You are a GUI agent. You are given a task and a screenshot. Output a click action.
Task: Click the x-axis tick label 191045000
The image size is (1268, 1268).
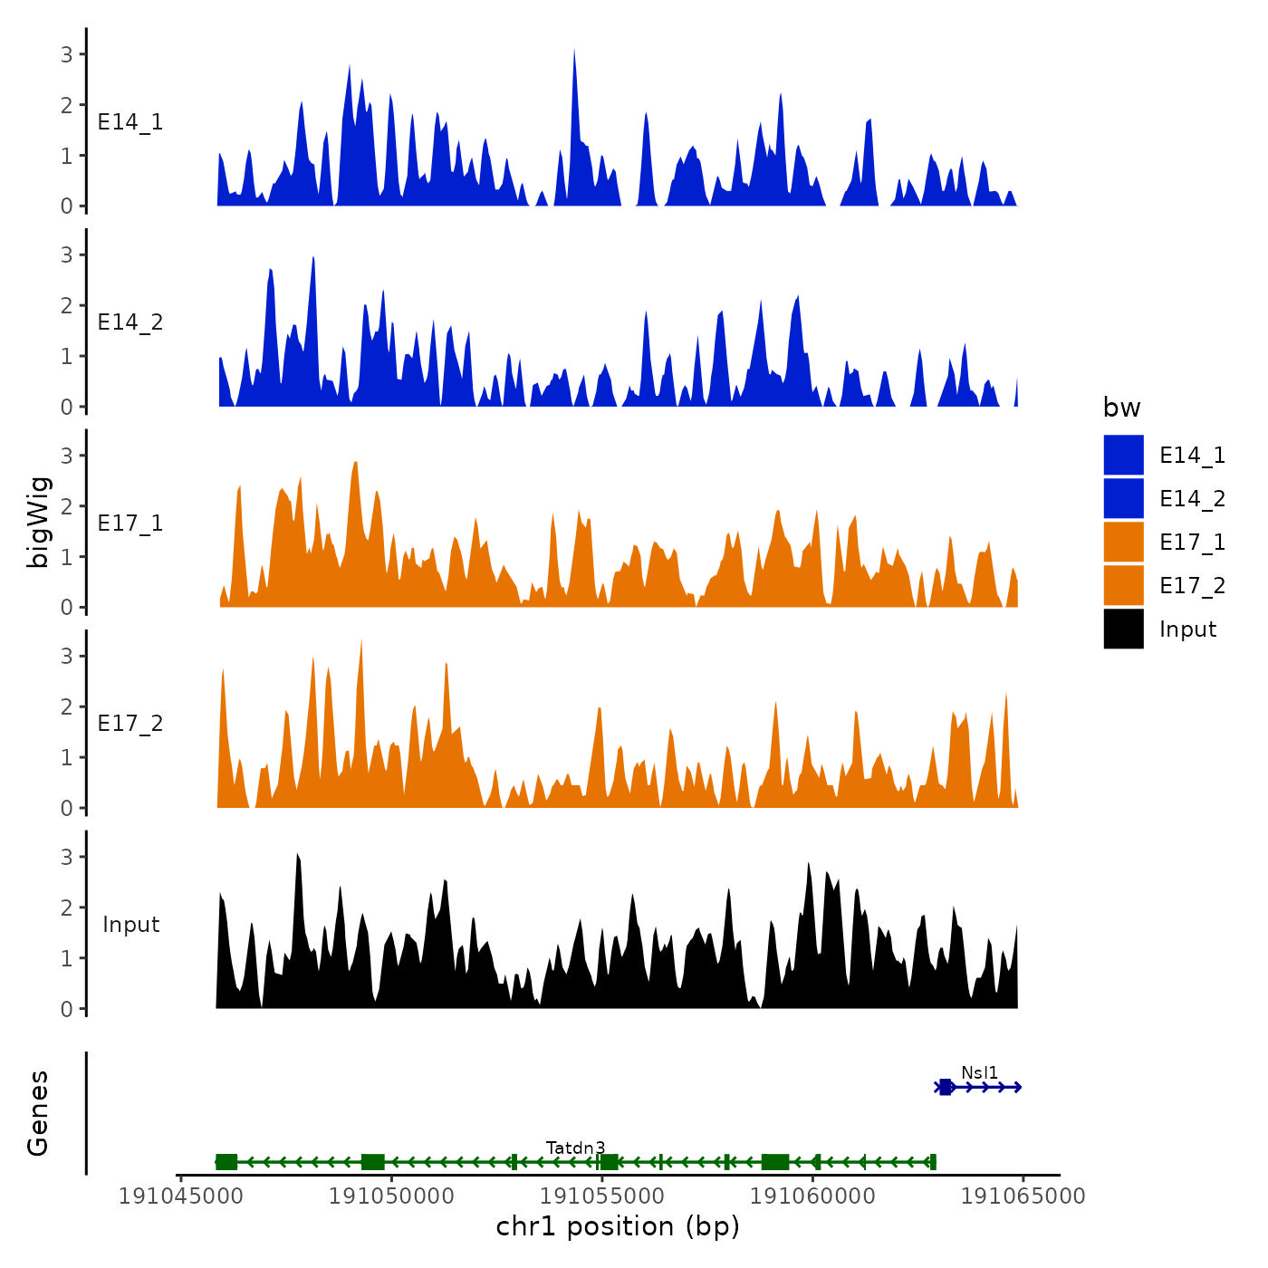pyautogui.click(x=180, y=1196)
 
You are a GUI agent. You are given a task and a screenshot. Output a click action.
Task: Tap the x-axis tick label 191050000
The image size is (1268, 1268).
pyautogui.click(x=391, y=1196)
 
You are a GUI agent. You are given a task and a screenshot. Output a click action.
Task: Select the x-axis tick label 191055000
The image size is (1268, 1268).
pyautogui.click(x=601, y=1196)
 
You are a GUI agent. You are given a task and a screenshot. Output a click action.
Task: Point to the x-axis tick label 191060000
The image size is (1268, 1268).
pyautogui.click(x=812, y=1196)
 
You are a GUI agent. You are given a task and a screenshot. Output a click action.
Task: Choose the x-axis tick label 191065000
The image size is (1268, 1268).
pyautogui.click(x=1023, y=1196)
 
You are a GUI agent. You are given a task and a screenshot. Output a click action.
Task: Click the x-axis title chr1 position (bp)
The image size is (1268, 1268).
pyautogui.click(x=618, y=1227)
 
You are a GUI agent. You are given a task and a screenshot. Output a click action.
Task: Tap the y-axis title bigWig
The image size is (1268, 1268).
pyautogui.click(x=39, y=522)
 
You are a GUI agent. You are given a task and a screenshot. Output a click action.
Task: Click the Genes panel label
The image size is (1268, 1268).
pyautogui.click(x=38, y=1113)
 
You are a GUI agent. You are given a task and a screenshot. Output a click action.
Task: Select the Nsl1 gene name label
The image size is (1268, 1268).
pyautogui.click(x=979, y=1073)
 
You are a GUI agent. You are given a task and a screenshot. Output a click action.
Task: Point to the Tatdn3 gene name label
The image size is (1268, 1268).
pyautogui.click(x=575, y=1148)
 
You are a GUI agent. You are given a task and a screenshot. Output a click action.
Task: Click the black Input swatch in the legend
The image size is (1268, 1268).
pyautogui.click(x=1123, y=629)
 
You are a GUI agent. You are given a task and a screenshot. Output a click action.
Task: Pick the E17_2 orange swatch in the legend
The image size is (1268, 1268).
pyautogui.click(x=1123, y=586)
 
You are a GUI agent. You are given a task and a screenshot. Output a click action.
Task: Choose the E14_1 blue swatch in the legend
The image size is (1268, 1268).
pyautogui.click(x=1123, y=455)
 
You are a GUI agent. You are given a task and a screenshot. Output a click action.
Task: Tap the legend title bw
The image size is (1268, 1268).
pyautogui.click(x=1121, y=408)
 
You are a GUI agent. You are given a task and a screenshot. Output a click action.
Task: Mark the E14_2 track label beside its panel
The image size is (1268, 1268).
pyautogui.click(x=130, y=322)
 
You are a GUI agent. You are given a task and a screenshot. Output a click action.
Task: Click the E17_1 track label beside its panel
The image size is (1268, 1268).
pyautogui.click(x=130, y=524)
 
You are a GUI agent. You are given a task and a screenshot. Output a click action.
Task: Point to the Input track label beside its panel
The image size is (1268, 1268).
pyautogui.click(x=130, y=925)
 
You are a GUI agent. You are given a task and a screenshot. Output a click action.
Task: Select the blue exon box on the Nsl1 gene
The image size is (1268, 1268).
pyautogui.click(x=946, y=1087)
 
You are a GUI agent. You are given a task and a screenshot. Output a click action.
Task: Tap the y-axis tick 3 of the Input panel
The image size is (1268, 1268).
pyautogui.click(x=67, y=857)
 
